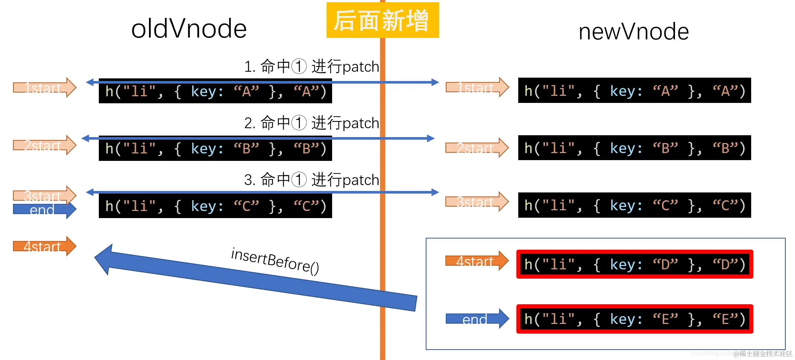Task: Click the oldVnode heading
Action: (189, 29)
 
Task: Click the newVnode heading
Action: (633, 31)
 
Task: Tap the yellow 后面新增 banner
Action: (382, 20)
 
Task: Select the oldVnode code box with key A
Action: (215, 92)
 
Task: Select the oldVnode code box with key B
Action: (215, 149)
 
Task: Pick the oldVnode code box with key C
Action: (215, 206)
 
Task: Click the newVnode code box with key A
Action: (634, 91)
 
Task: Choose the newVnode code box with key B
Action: (634, 148)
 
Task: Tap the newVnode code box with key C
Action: (634, 205)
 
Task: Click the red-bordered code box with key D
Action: (634, 264)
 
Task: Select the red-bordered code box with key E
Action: (634, 319)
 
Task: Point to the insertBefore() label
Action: (275, 261)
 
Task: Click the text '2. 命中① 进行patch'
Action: (311, 123)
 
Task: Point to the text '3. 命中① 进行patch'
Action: (311, 180)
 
